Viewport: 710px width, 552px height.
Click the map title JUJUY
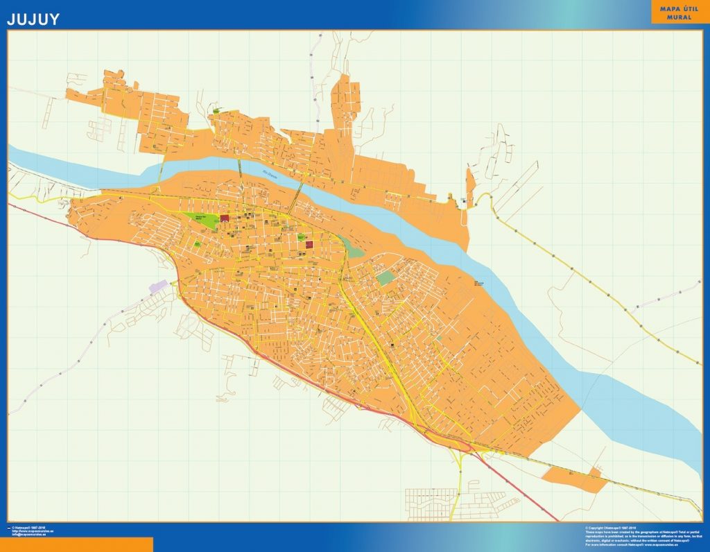click(33, 19)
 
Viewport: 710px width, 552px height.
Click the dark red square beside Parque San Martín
click(225, 218)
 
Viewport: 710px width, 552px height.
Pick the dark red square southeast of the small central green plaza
click(309, 243)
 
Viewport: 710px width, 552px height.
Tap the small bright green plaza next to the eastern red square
click(302, 236)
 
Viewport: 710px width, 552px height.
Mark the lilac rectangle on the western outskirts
click(159, 286)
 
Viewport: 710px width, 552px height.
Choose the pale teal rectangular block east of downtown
click(385, 278)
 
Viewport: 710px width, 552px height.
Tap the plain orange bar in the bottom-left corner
click(76, 544)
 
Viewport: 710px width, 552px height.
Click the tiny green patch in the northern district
click(216, 111)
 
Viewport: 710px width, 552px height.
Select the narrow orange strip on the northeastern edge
click(470, 187)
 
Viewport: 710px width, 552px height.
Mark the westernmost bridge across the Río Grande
click(164, 168)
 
